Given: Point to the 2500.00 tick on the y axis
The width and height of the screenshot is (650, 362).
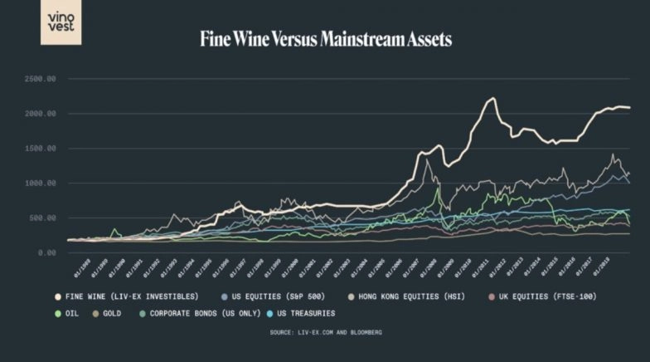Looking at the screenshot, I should [39, 79].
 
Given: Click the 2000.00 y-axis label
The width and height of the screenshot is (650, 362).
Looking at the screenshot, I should [39, 114].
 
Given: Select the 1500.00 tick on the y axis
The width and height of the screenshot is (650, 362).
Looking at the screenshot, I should [39, 149].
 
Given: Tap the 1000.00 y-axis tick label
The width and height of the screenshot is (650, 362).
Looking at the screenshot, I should [39, 183].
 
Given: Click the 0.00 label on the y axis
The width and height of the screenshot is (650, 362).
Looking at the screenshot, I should [46, 252].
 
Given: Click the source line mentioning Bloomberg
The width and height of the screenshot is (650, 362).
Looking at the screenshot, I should [325, 332].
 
